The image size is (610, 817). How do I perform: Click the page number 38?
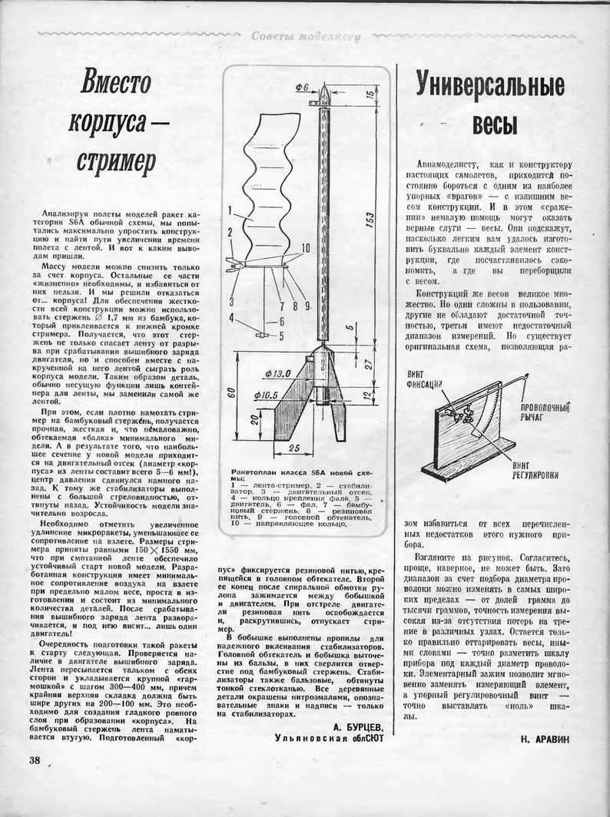point(33,760)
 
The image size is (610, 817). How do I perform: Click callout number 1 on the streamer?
point(230,207)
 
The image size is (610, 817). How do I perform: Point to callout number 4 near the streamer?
point(230,318)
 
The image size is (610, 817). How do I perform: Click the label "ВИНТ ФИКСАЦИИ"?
point(423,379)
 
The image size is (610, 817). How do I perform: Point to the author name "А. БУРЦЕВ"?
point(358,726)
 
